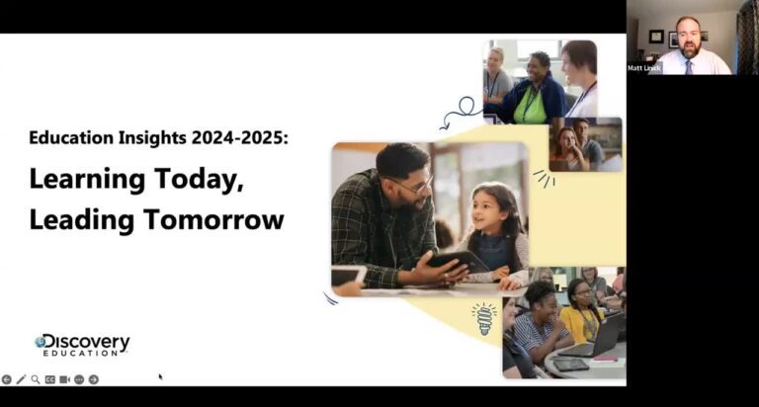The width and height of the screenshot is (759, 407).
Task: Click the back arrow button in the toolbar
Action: point(7,379)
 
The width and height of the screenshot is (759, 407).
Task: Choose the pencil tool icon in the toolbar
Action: point(21,379)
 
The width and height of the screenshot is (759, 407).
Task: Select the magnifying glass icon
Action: point(36,379)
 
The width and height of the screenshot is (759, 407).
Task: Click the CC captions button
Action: point(49,379)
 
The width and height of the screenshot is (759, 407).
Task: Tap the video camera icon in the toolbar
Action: point(64,379)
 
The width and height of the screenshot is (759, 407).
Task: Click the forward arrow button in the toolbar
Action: point(94,379)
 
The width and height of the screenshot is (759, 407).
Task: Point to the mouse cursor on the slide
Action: point(160,376)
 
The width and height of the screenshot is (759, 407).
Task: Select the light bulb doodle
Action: point(484,318)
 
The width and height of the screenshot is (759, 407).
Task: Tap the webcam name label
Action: point(642,68)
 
